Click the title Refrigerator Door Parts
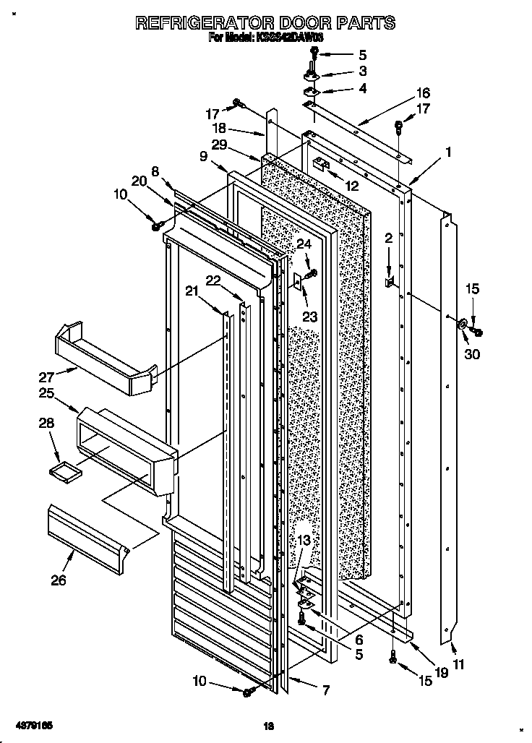pyautogui.click(x=265, y=22)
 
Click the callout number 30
pyautogui.click(x=472, y=354)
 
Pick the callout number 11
pyautogui.click(x=459, y=664)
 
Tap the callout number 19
pyautogui.click(x=442, y=671)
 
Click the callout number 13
pyautogui.click(x=304, y=540)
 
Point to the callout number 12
pyautogui.click(x=352, y=186)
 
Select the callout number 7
pyautogui.click(x=325, y=691)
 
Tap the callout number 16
pyautogui.click(x=423, y=93)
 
